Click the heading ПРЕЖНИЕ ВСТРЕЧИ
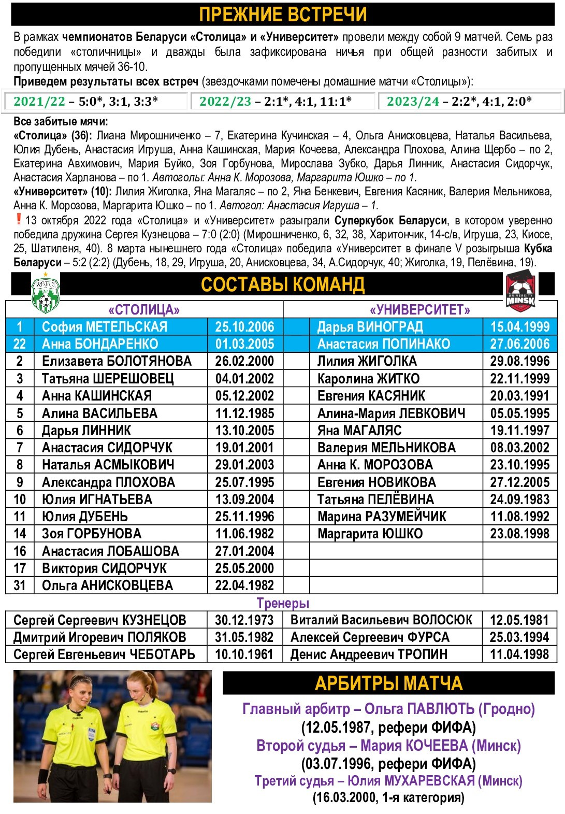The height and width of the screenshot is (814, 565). [283, 14]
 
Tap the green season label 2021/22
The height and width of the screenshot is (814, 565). [39, 102]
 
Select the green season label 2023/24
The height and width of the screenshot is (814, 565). [413, 102]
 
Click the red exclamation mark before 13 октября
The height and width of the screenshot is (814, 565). [19, 219]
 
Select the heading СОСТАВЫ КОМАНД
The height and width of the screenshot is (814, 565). [283, 284]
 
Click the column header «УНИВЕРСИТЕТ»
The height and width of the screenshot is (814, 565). [420, 310]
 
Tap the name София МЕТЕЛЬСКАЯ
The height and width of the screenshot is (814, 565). [105, 327]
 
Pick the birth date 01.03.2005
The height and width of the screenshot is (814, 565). [244, 344]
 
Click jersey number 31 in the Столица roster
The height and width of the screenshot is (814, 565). [20, 585]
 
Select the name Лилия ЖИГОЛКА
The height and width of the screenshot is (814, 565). [367, 361]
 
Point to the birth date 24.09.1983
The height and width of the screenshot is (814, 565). [519, 499]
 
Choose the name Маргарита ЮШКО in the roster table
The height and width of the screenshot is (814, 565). [370, 534]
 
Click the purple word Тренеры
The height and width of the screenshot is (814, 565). [283, 603]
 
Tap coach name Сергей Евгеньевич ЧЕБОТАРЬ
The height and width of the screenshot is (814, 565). [104, 654]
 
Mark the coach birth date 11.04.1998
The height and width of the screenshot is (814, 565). [519, 654]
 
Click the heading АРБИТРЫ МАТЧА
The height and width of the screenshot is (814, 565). [388, 683]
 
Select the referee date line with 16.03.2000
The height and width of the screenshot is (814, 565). [388, 797]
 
